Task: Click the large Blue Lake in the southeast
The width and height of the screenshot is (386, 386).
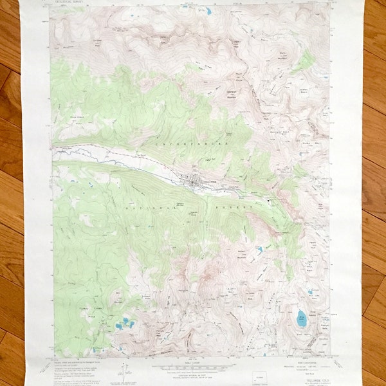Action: click(x=302, y=317)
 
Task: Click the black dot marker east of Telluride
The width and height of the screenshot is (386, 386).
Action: click(x=270, y=201)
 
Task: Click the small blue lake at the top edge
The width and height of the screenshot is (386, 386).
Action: click(x=208, y=12)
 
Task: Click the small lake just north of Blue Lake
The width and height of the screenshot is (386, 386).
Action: click(x=309, y=293)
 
